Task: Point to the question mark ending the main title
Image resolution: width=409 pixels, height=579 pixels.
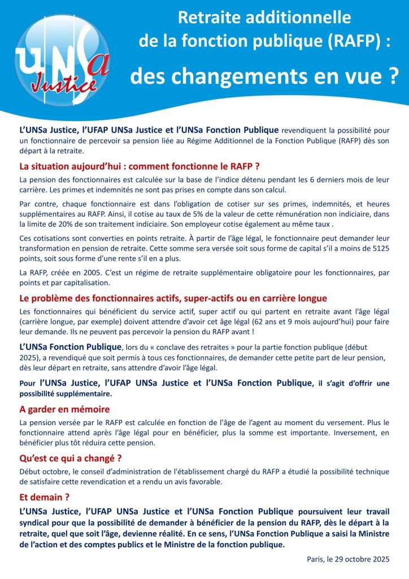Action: coord(394,76)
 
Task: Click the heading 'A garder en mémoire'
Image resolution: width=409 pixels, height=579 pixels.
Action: coord(64,409)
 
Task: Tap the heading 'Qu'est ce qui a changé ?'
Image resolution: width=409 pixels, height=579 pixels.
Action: coord(71,458)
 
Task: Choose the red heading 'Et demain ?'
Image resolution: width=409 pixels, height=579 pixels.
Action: coord(44,497)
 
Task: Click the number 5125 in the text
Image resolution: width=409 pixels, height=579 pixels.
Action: coord(380,248)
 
